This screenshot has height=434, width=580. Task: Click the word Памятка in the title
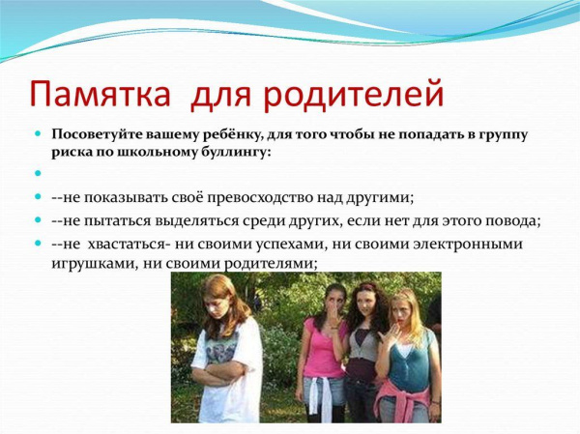(100, 94)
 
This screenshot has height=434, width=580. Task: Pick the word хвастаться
(128, 245)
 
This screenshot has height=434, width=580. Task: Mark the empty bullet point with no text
(38, 173)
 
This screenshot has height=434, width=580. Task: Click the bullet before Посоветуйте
(38, 132)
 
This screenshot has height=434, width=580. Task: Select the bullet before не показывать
(38, 196)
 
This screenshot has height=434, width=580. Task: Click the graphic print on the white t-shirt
(221, 349)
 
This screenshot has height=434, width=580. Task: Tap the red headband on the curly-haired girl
(365, 286)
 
